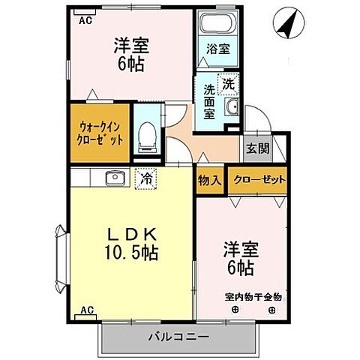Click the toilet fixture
pos(147,137)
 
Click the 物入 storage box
pos(209,180)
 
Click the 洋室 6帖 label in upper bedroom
pos(131,55)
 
